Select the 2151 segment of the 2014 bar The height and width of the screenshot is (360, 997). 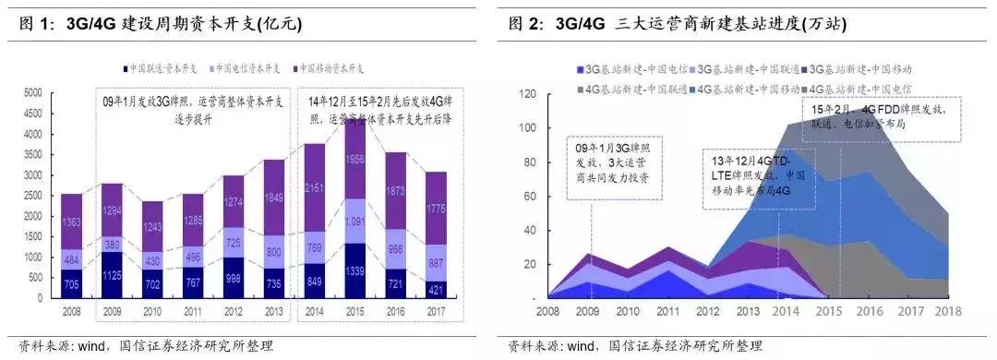[x=314, y=189]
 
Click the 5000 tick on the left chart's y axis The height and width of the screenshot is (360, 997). [x=31, y=92]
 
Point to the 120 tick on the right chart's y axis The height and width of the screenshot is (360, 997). [x=527, y=93]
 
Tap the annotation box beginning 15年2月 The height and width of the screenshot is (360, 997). [x=882, y=123]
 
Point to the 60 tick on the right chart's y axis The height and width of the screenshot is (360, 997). [x=531, y=196]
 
